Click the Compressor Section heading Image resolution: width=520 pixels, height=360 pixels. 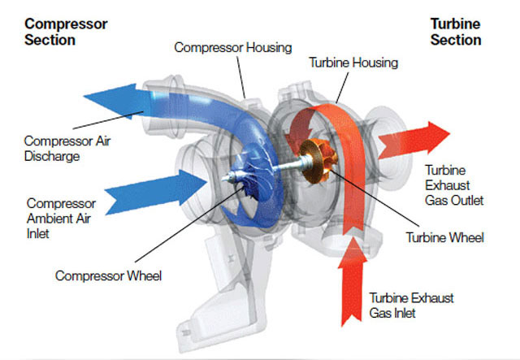pos(66,32)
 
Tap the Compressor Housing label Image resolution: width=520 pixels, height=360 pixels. pos(233,48)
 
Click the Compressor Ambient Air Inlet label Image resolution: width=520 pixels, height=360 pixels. pos(61,217)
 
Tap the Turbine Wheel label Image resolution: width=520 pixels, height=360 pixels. pos(444,238)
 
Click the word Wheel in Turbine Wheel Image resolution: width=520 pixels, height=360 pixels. pos(466,238)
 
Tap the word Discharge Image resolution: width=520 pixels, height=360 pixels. pos(53,155)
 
